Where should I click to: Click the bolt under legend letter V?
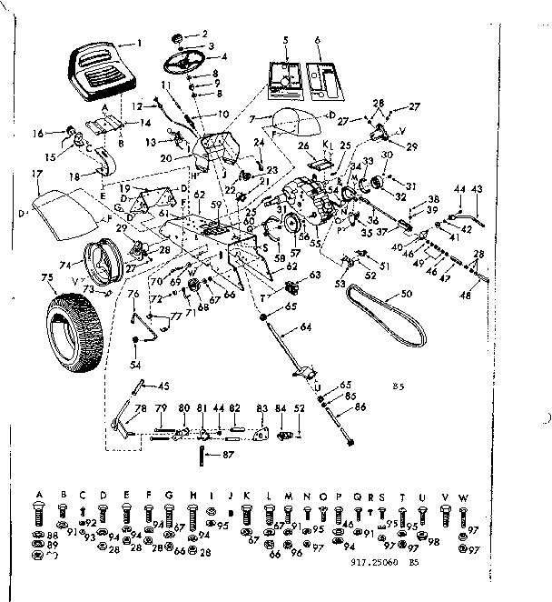[446, 516]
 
